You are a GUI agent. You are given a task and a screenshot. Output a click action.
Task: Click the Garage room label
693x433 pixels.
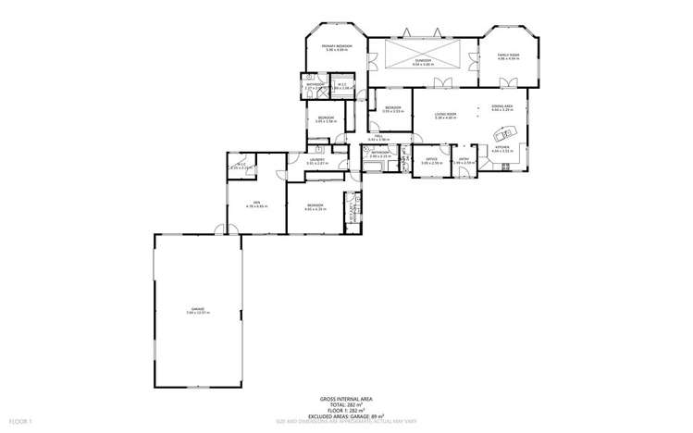(x=197, y=310)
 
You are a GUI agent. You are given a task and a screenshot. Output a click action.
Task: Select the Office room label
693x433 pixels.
(x=431, y=159)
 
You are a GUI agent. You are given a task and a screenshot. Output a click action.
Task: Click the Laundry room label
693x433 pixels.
(x=316, y=160)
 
